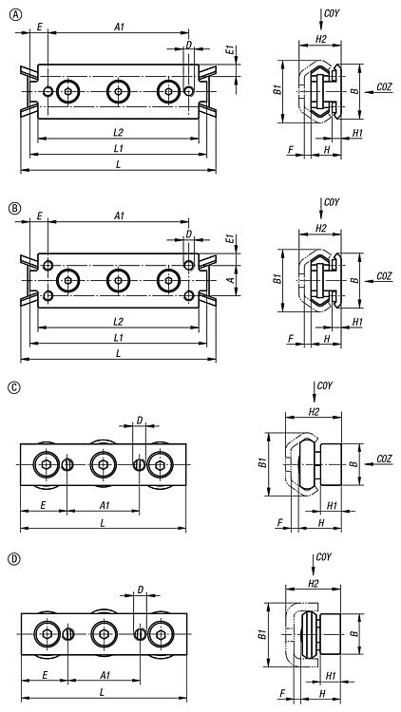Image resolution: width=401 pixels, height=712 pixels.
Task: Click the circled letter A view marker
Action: coord(15,15)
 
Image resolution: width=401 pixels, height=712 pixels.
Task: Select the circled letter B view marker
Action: coord(15,208)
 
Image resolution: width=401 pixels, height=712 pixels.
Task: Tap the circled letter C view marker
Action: coord(15,387)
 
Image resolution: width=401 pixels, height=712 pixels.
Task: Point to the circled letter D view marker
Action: coord(15,559)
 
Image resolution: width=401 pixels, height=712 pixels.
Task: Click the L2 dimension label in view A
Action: coord(118,133)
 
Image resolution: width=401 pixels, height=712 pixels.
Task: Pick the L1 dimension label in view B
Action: coord(118,337)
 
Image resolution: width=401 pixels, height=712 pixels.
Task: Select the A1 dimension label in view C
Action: coord(105,505)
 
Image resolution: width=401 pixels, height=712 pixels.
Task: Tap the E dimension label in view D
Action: coord(45,675)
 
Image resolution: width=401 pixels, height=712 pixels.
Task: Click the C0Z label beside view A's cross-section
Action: coord(384,86)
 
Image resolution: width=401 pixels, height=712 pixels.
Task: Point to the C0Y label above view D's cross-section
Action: coord(323,556)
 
